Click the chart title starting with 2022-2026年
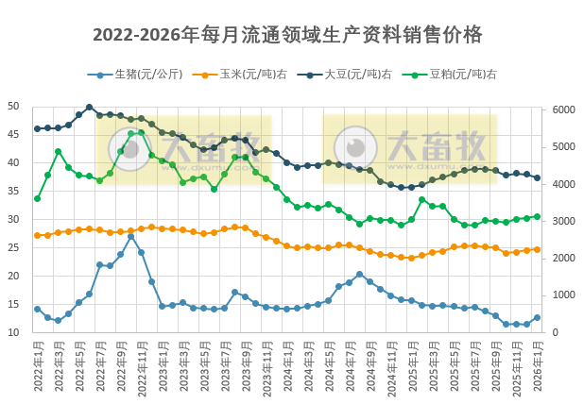point(287,36)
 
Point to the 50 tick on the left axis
point(13,107)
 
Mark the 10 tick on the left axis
point(13,333)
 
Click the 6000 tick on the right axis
point(563,110)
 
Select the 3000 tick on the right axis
point(563,222)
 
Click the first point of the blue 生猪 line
point(37,309)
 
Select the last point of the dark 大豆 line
point(538,177)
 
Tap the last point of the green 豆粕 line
point(538,216)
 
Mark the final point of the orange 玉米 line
point(538,249)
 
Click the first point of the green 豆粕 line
point(37,198)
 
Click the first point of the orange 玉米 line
point(37,235)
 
